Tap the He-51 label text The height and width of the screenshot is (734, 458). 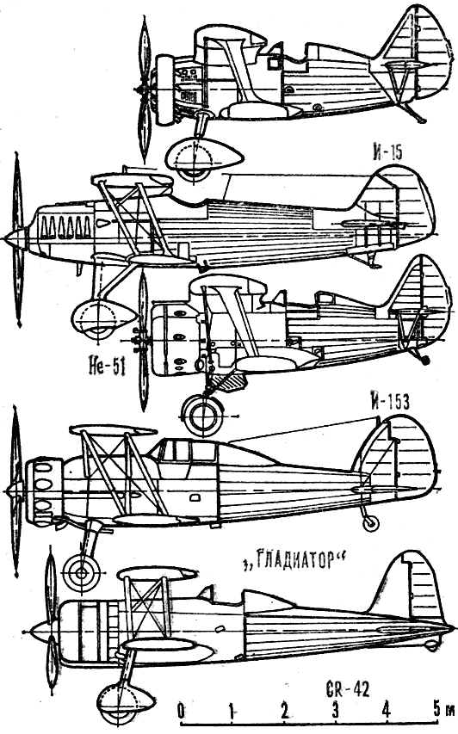106,367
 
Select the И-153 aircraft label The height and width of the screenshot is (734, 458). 388,402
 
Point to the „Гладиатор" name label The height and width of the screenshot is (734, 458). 294,560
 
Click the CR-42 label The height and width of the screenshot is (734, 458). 347,689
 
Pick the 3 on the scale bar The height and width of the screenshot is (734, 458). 335,711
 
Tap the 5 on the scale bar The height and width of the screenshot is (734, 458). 436,711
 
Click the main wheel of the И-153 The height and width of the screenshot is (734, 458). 202,415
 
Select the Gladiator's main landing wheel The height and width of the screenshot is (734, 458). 82,572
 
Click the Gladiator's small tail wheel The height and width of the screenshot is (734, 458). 371,524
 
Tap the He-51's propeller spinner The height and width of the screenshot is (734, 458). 15,238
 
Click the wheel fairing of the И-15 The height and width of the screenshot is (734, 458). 204,158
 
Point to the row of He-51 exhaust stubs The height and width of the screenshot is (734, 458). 65,228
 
